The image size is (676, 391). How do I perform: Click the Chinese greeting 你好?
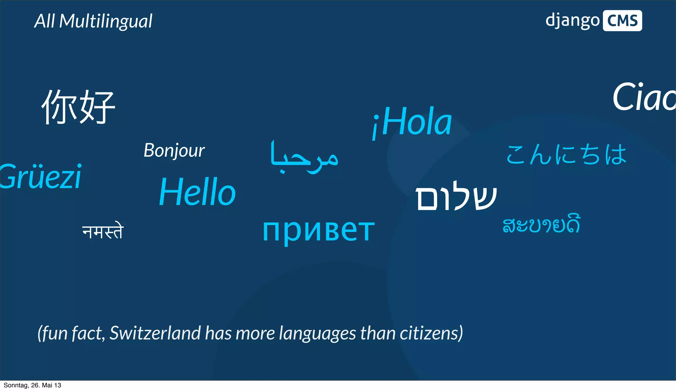pos(78,107)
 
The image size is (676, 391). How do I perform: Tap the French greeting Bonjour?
pos(174,151)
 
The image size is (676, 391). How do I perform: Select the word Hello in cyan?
pos(197,192)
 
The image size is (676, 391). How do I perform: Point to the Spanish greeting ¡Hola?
pos(412,122)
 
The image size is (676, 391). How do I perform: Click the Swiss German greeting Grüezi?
pos(41,177)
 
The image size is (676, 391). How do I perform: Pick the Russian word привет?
pos(319,230)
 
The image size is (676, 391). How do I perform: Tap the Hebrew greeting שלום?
pos(456,196)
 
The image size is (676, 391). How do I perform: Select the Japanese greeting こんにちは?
pos(566,155)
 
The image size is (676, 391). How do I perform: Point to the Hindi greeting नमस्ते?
pos(103,231)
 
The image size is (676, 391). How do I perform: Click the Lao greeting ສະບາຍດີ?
pos(541,225)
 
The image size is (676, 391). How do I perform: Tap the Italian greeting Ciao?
pos(644,97)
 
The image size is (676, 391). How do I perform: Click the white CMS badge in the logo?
pos(622,21)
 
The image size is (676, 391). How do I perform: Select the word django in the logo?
pos(572,21)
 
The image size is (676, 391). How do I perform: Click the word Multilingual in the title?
pos(106,21)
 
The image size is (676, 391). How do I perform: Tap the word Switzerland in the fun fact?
pos(155,333)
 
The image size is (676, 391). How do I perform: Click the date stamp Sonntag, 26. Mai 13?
pos(32,385)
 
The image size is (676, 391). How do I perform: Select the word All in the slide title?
pos(45,21)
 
